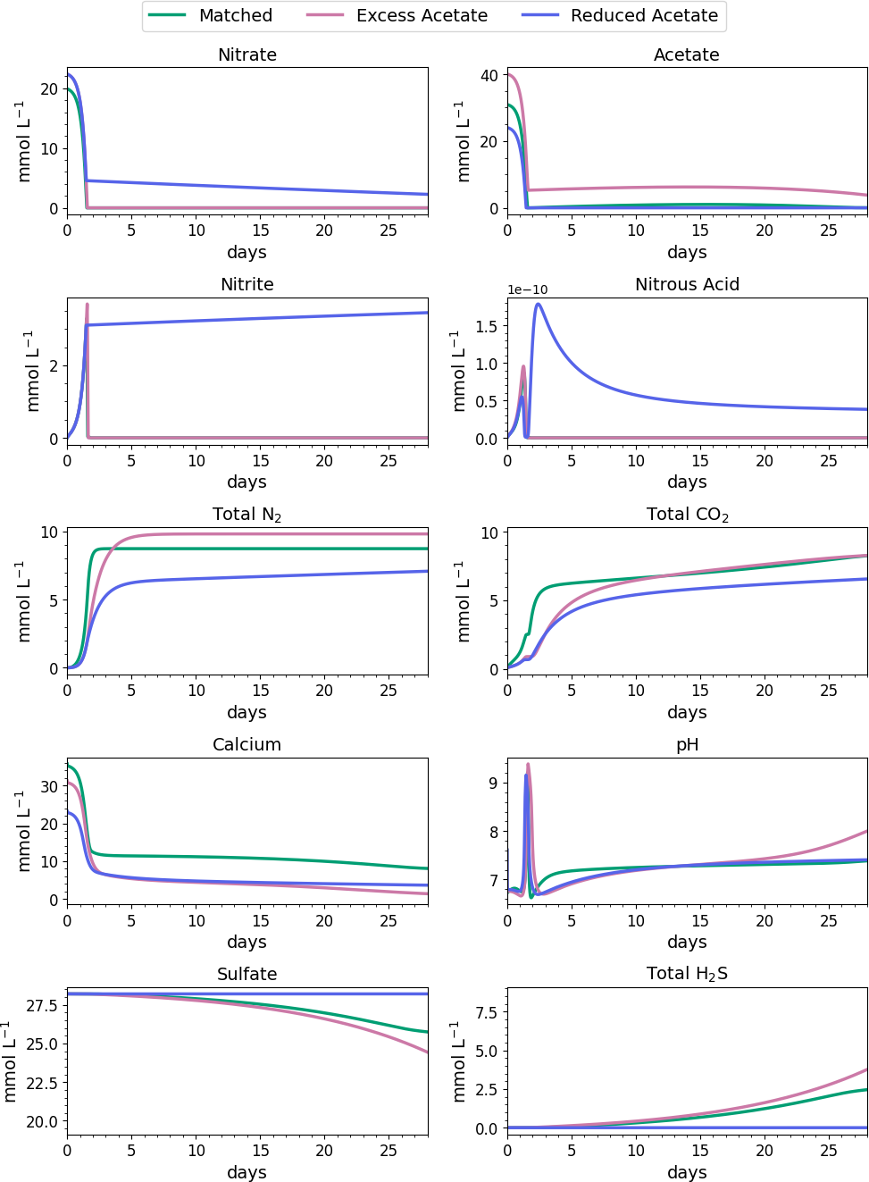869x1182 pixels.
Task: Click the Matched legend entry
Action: click(235, 15)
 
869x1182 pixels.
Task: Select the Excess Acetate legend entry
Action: click(422, 15)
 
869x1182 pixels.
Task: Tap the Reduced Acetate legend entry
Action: click(644, 15)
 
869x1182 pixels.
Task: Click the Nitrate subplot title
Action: click(247, 54)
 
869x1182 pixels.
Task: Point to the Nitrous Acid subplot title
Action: click(687, 284)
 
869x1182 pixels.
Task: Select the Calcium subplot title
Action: click(246, 744)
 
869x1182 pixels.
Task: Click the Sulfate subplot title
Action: click(246, 974)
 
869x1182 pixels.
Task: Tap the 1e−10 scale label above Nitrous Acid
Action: click(528, 289)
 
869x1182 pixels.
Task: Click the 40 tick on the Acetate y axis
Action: click(489, 75)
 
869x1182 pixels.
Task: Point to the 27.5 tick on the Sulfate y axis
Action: click(42, 1005)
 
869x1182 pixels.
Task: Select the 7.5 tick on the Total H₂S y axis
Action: click(487, 1012)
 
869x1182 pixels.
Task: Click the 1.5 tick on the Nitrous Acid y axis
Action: click(487, 326)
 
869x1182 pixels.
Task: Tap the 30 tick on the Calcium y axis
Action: click(49, 786)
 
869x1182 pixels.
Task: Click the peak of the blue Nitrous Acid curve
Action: click(538, 304)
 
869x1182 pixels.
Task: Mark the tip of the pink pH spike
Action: click(528, 764)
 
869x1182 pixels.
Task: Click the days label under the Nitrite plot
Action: click(246, 482)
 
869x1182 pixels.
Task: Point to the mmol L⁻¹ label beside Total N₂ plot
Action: click(24, 600)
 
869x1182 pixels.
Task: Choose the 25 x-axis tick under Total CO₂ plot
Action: click(829, 690)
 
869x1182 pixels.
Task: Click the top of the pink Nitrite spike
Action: click(87, 304)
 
